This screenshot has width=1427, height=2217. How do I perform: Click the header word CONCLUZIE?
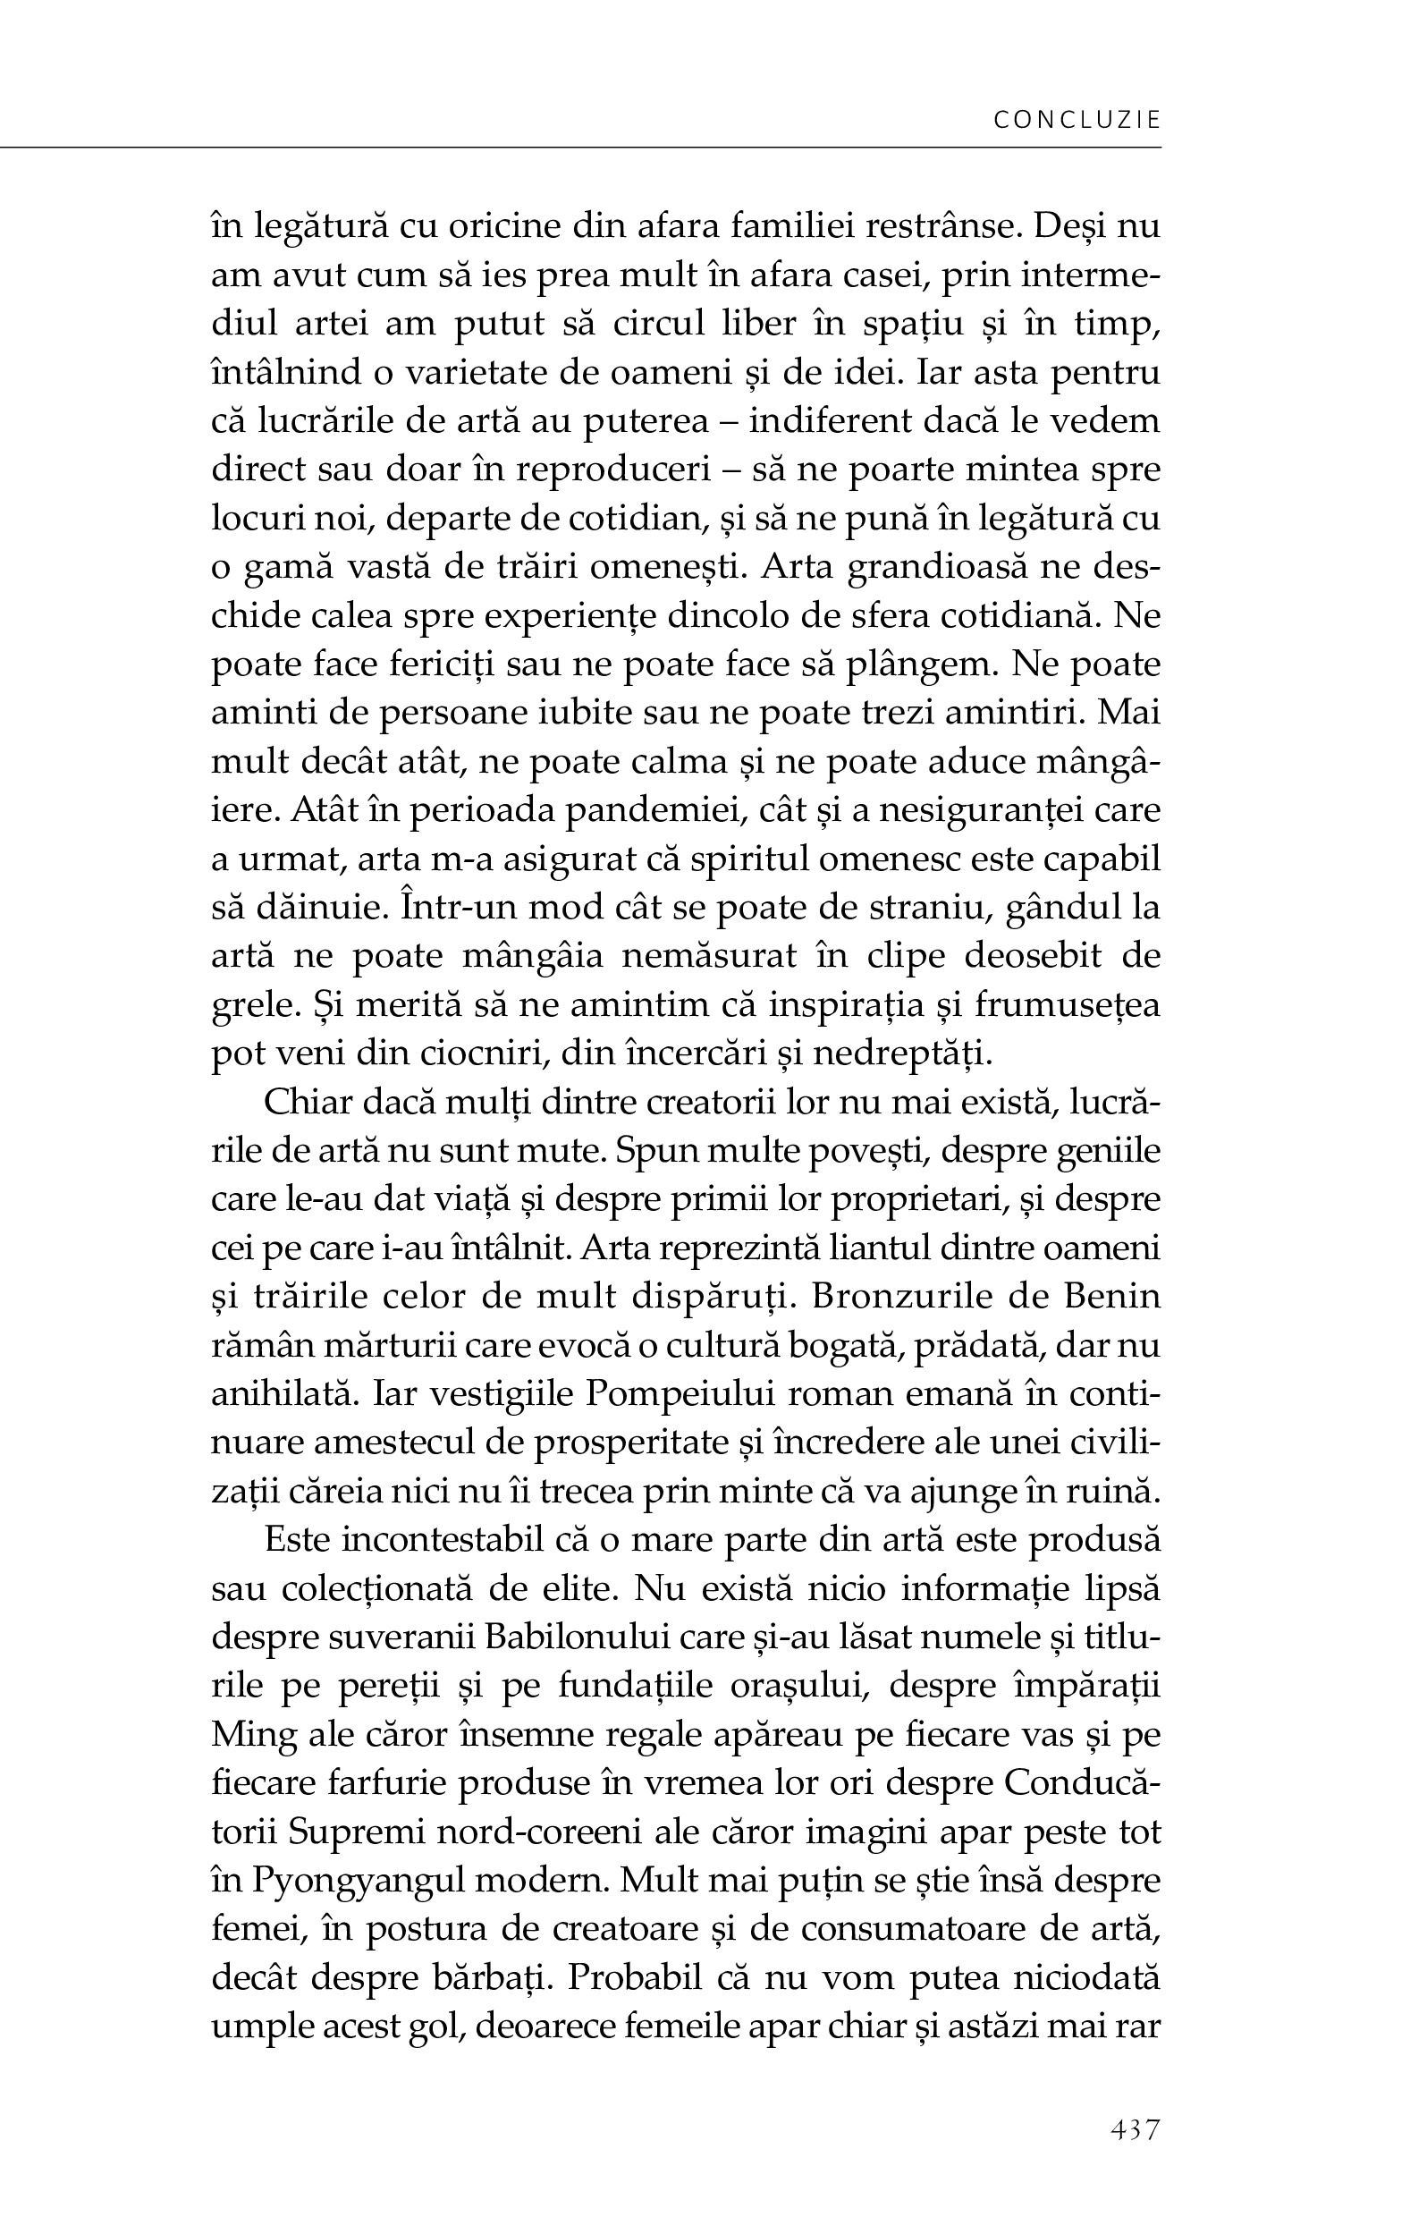click(x=1076, y=120)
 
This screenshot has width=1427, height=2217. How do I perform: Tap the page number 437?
click(x=1135, y=2129)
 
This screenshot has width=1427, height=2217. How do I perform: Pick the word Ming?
click(x=251, y=1734)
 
